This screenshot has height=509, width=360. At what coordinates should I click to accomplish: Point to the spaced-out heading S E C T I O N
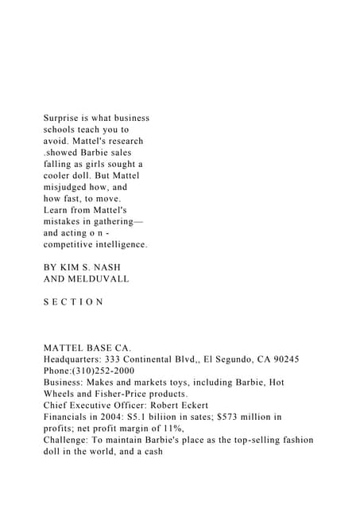click(73, 302)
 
